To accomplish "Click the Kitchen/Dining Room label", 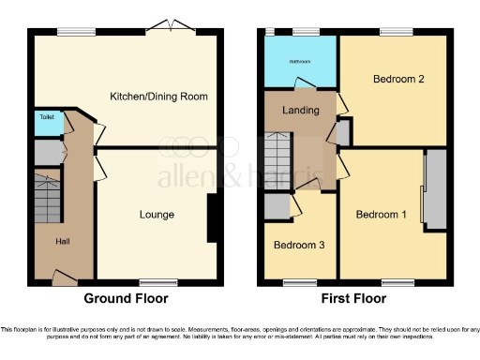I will [158, 97].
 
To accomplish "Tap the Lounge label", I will [157, 215].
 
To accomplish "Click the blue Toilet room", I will [44, 122].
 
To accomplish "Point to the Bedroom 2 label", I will [399, 80].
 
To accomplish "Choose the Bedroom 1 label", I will [382, 215].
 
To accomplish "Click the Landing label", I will [301, 111].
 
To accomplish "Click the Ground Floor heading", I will [126, 299].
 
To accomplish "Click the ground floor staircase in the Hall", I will [46, 197].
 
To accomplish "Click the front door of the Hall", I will [64, 277].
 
